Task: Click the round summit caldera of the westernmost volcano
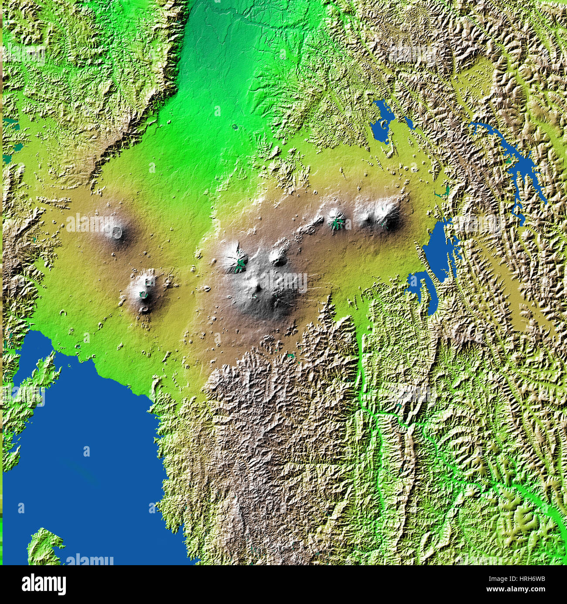coord(117,232)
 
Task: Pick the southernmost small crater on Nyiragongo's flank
coord(144,309)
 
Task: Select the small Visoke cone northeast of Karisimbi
coord(278,257)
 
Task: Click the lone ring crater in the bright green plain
coord(236,127)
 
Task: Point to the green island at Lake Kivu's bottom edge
coord(44,546)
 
